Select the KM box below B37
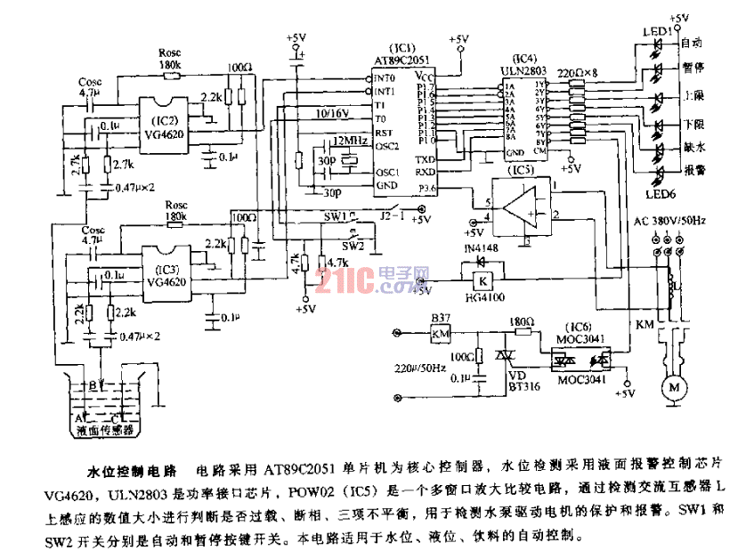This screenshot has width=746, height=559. click(440, 334)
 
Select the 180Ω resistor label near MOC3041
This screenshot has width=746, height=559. click(521, 320)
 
